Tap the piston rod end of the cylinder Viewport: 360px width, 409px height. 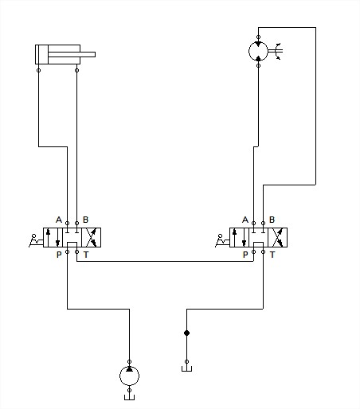pos(94,54)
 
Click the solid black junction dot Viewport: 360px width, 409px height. pos(186,333)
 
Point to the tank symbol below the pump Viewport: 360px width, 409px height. pos(129,397)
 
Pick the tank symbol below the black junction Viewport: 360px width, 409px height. pos(186,368)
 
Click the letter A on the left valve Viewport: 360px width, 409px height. pos(59,220)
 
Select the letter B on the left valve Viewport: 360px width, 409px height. pos(85,220)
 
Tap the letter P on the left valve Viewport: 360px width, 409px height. pos(59,255)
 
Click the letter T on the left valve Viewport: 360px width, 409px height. pos(86,255)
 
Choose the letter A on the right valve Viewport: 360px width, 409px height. pos(245,220)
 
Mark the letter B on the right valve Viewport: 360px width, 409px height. pos(272,220)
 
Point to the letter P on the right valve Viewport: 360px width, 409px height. pos(245,255)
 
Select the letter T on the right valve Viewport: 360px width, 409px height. pos(272,255)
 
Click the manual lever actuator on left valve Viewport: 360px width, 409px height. pos(36,240)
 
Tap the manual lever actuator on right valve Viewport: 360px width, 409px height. pos(222,240)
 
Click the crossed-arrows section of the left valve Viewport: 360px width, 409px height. pos(92,237)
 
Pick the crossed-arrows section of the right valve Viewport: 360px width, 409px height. pos(278,237)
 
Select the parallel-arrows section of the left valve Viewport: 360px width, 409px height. pos(53,237)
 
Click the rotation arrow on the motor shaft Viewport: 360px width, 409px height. pos(279,51)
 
